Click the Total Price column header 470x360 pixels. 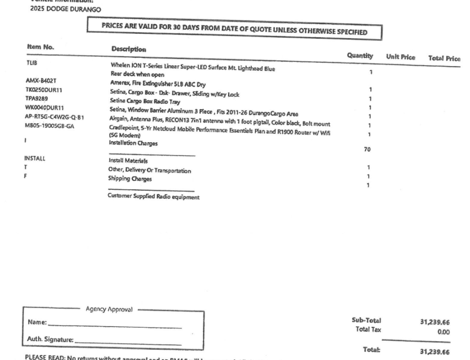(444, 59)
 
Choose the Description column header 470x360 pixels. (129, 49)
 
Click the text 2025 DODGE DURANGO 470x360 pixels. (58, 10)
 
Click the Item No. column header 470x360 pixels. (41, 47)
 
